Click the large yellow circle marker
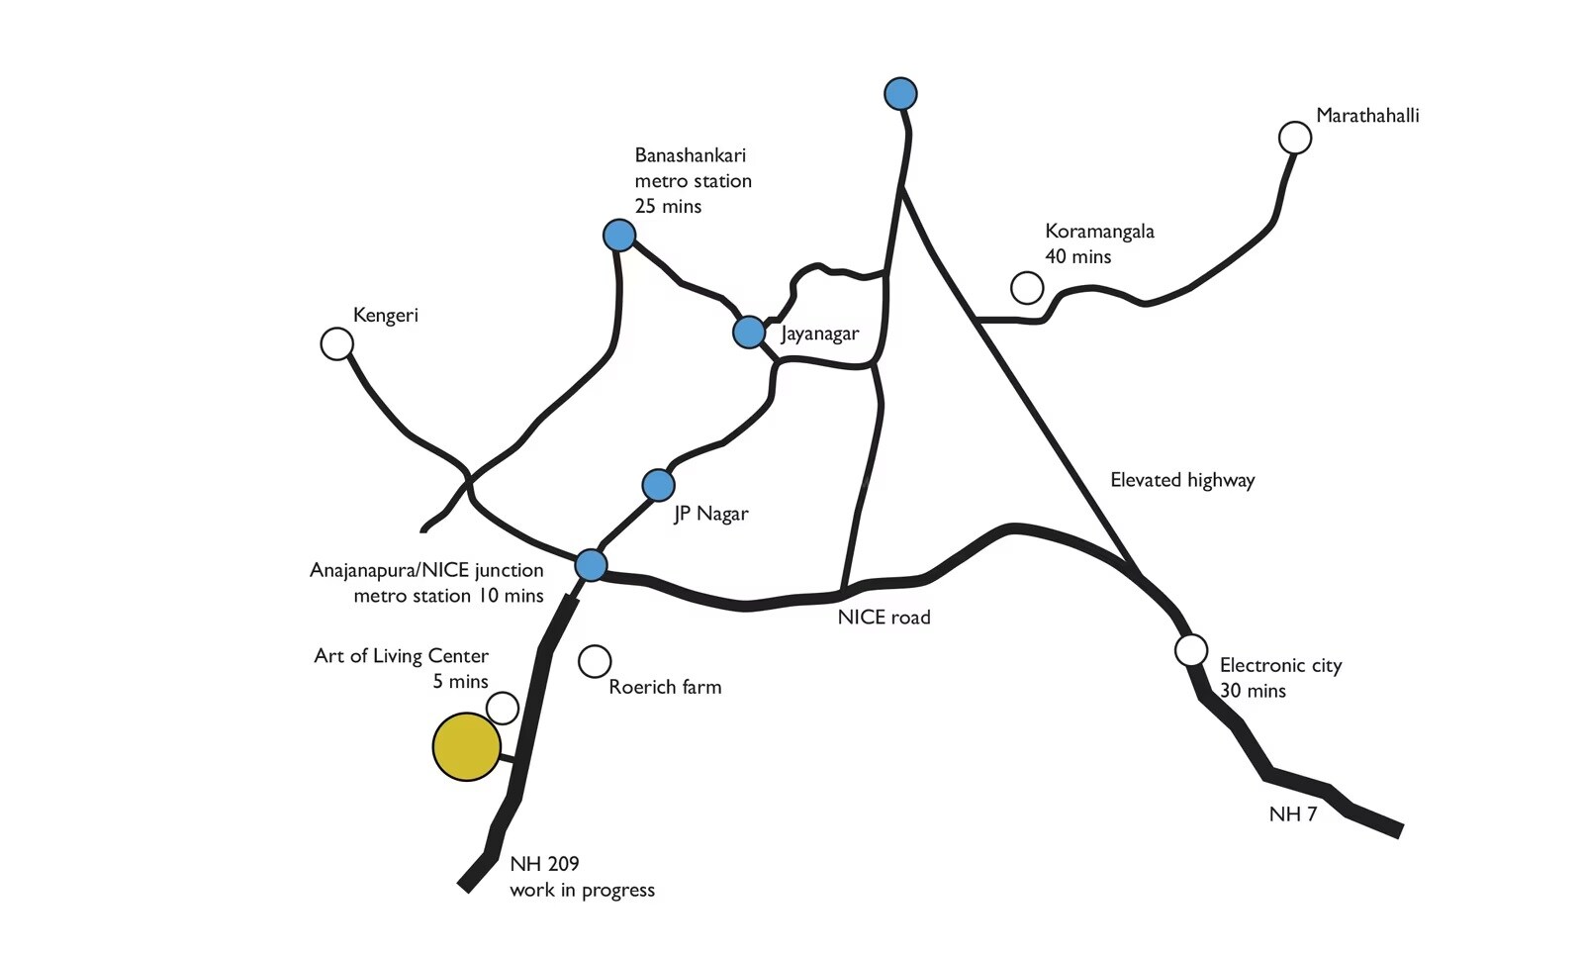466,746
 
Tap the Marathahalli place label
1366,116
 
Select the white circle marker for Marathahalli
1294,138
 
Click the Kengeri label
385,316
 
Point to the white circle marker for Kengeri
337,344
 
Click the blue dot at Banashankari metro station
619,236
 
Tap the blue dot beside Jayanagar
749,332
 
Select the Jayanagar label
819,334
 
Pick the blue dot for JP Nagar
658,485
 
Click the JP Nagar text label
710,514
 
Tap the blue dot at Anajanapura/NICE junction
591,565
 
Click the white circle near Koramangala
1027,288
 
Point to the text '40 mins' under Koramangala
1077,257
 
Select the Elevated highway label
1181,481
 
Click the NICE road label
884,618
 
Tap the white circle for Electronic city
1191,650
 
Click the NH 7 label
1292,814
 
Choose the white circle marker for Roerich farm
595,661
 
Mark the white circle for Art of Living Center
503,708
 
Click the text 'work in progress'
582,890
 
